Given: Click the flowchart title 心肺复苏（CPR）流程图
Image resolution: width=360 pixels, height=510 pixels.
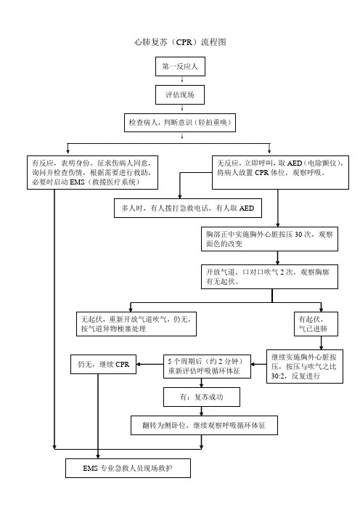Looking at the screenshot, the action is click(180, 42).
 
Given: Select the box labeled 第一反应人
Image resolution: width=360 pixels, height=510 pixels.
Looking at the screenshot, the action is click(180, 66).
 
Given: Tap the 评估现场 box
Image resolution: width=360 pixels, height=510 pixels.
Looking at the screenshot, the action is click(180, 94).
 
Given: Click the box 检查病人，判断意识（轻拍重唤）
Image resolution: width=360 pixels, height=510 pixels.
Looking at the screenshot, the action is click(180, 123).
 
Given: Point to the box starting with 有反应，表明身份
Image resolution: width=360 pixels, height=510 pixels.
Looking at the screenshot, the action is click(93, 172).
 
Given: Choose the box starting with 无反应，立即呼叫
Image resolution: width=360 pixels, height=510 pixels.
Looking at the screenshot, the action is click(280, 172).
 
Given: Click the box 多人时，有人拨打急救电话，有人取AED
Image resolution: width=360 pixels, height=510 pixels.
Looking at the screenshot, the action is click(188, 209).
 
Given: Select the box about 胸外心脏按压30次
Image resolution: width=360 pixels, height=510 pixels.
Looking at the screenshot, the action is click(270, 239).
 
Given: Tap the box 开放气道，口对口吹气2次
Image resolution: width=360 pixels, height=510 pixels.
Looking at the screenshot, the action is click(270, 277).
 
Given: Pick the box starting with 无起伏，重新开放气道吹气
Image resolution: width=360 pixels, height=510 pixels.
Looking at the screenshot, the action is click(136, 324).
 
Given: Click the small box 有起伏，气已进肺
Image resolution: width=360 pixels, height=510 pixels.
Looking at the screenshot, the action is click(316, 324).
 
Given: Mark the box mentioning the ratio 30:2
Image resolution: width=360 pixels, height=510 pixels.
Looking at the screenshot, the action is click(305, 367).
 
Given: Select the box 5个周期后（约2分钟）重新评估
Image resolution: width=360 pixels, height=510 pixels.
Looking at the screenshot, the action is click(207, 366).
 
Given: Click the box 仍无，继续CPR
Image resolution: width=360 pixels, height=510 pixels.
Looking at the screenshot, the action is click(103, 364).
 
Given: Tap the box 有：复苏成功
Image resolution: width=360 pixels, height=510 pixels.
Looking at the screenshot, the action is click(202, 397).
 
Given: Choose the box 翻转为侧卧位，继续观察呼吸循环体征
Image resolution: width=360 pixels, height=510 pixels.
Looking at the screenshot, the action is click(204, 425).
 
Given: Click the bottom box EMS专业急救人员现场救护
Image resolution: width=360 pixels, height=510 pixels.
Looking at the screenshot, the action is click(128, 468).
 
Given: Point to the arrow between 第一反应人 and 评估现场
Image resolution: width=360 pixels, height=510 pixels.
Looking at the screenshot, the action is click(182, 81).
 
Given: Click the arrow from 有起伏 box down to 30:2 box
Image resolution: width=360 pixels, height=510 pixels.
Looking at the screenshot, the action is click(322, 343).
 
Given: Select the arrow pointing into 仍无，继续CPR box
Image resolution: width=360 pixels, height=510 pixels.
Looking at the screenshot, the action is click(150, 364).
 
